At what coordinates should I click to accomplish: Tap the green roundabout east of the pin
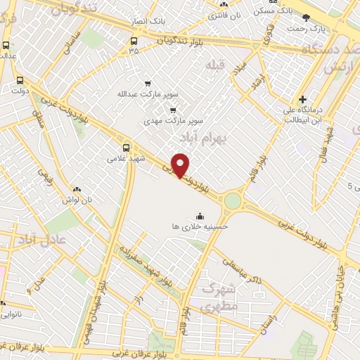click(x=233, y=202)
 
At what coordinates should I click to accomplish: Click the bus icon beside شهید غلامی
click(x=127, y=148)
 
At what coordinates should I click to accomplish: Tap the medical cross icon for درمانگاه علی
click(x=303, y=99)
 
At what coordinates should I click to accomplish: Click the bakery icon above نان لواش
click(x=77, y=189)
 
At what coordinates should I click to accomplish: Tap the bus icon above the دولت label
click(x=20, y=80)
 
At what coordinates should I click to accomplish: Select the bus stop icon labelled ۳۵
click(x=134, y=39)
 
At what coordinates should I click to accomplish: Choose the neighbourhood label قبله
click(x=213, y=65)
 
